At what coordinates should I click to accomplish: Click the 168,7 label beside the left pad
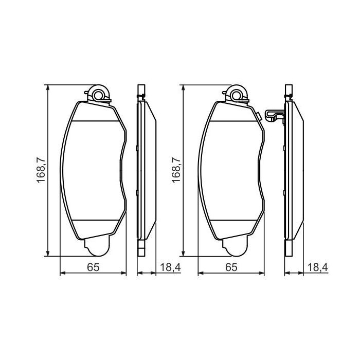pyautogui.click(x=42, y=170)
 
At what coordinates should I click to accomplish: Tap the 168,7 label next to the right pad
pyautogui.click(x=176, y=170)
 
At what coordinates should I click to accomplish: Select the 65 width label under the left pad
pyautogui.click(x=93, y=267)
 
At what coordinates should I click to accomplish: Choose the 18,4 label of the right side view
pyautogui.click(x=317, y=267)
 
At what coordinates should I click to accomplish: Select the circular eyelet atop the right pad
pyautogui.click(x=237, y=95)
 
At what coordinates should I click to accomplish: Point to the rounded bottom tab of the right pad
pyautogui.click(x=235, y=249)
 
